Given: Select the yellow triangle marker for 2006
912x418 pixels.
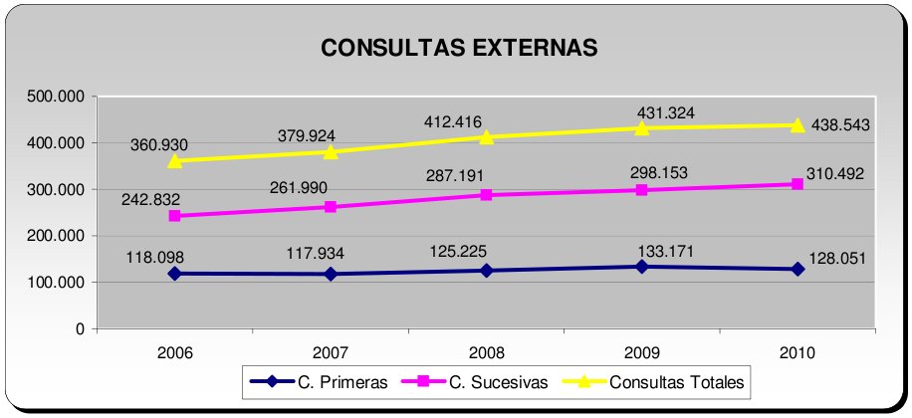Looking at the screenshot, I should click(x=175, y=160).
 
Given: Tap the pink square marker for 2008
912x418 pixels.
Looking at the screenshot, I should click(x=486, y=195).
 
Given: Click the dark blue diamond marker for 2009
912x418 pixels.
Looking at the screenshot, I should click(x=642, y=267).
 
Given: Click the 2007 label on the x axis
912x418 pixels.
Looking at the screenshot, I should click(x=332, y=352).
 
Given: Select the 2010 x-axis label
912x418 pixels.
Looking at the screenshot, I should click(x=798, y=352).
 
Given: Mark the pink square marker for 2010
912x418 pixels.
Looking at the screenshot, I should click(x=798, y=184).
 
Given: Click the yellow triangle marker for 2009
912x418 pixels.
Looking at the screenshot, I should click(x=642, y=127).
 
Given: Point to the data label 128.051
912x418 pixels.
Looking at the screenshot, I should click(x=836, y=258).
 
